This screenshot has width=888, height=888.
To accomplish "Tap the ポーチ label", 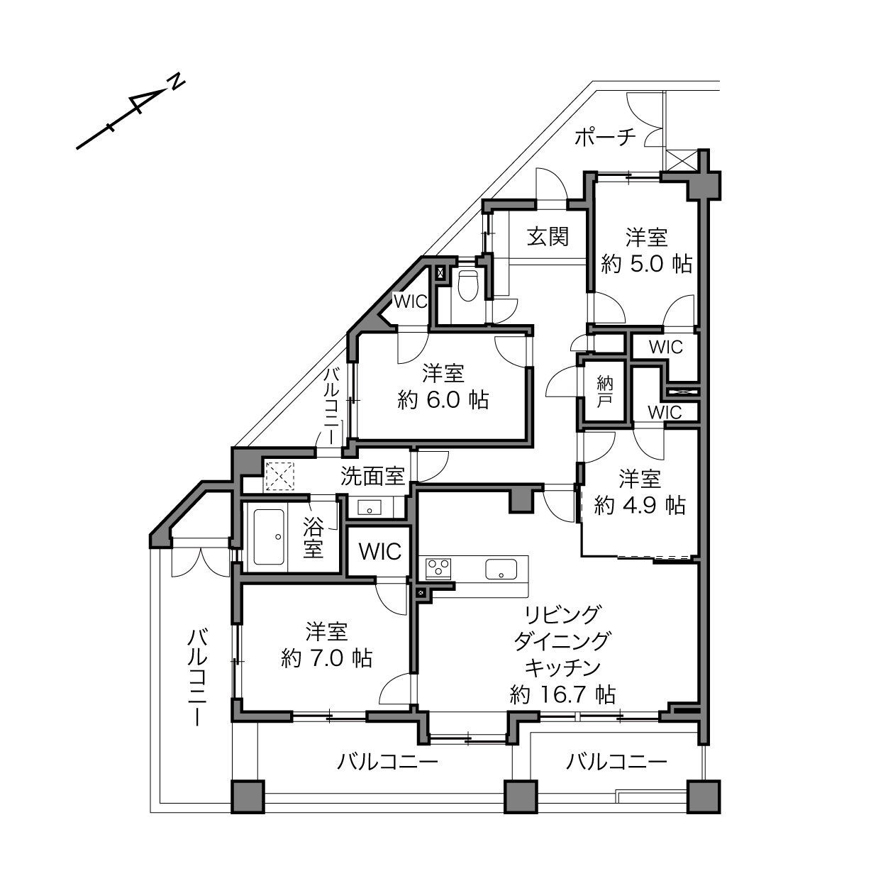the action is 606,138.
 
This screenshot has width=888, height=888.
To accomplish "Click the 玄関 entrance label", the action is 548,237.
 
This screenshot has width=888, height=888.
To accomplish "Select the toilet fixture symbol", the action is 469,285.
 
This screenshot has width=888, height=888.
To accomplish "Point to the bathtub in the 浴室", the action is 269,537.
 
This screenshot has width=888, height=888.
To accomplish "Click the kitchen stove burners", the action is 438,568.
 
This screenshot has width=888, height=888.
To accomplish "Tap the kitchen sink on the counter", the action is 501,569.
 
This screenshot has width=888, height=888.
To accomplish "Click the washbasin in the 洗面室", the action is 369,508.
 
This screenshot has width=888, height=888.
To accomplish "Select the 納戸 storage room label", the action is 604,392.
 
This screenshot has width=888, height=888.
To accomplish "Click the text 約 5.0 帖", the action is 647,264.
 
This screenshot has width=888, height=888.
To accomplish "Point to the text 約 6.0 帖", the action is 443,399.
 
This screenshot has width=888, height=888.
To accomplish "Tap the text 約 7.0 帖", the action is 327,658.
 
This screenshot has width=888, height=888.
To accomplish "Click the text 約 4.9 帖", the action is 640,506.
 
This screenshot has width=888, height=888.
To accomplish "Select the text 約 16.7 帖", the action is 562,694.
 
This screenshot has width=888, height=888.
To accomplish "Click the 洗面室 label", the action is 372,476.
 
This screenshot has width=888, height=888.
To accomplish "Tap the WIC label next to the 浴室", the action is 380,551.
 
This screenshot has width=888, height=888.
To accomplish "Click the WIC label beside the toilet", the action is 410,302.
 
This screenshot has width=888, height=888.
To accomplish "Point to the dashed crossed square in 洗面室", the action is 279,476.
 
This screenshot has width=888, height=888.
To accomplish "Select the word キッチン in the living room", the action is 562,667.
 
